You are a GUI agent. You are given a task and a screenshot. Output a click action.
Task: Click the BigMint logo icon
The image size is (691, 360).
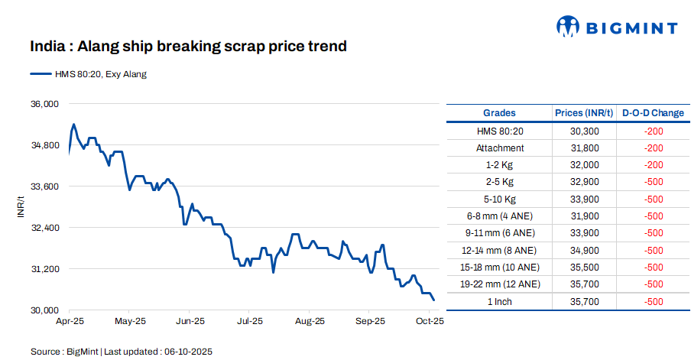[566, 28]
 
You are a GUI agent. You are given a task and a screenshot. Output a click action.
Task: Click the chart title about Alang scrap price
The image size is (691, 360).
[188, 47]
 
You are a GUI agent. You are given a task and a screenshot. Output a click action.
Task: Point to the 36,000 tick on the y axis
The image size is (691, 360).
[44, 104]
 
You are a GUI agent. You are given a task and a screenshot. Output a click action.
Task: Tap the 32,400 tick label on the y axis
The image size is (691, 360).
[44, 228]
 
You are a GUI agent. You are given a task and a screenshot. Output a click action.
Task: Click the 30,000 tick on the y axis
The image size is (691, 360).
[44, 310]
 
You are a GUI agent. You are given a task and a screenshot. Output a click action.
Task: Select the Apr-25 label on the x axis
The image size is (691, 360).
[70, 322]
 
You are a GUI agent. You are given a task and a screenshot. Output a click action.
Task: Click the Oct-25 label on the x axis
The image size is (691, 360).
[429, 322]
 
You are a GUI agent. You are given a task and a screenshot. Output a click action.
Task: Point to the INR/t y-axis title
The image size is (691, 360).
[21, 207]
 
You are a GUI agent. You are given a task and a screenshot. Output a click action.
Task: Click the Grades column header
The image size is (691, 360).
[499, 113]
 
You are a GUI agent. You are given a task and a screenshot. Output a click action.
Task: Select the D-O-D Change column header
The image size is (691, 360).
[653, 113]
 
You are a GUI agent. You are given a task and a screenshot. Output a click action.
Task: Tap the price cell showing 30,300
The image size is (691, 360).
[584, 131]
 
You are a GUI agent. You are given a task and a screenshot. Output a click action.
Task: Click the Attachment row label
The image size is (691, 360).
[500, 148]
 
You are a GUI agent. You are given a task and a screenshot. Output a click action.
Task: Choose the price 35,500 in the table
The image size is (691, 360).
[584, 267]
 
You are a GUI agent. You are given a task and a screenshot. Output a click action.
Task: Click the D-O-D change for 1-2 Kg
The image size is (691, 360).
[653, 165]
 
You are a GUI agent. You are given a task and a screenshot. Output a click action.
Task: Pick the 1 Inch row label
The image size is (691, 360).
[500, 301]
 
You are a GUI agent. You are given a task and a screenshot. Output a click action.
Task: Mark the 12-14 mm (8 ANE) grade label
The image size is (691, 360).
[500, 250]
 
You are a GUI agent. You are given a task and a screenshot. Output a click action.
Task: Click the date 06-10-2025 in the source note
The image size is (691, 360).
[187, 352]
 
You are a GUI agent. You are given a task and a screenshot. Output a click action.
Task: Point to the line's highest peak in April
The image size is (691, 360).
[73, 124]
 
